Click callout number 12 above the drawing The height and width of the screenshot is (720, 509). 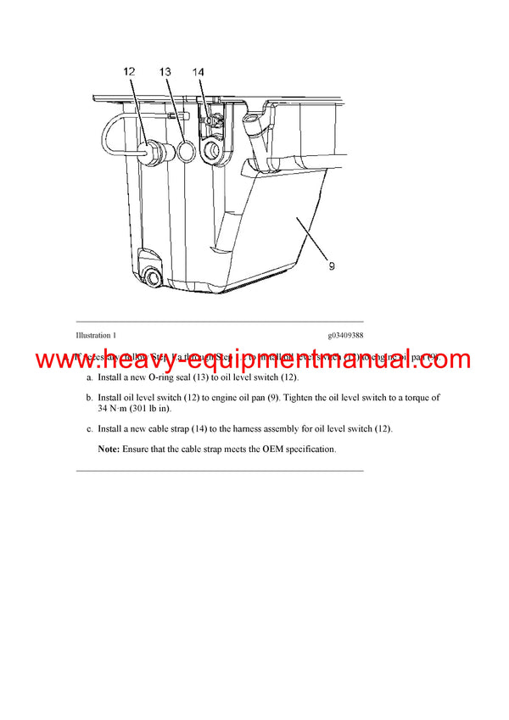click(x=129, y=73)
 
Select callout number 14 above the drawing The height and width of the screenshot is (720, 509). click(x=198, y=73)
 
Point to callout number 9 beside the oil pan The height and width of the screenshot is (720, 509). click(x=332, y=265)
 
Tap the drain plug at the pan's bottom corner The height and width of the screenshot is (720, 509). click(x=154, y=277)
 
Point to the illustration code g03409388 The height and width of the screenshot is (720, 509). click(x=344, y=336)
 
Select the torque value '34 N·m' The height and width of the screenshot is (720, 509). click(x=116, y=409)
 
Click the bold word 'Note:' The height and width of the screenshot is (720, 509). click(x=109, y=449)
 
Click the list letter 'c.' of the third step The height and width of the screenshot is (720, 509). click(x=90, y=429)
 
